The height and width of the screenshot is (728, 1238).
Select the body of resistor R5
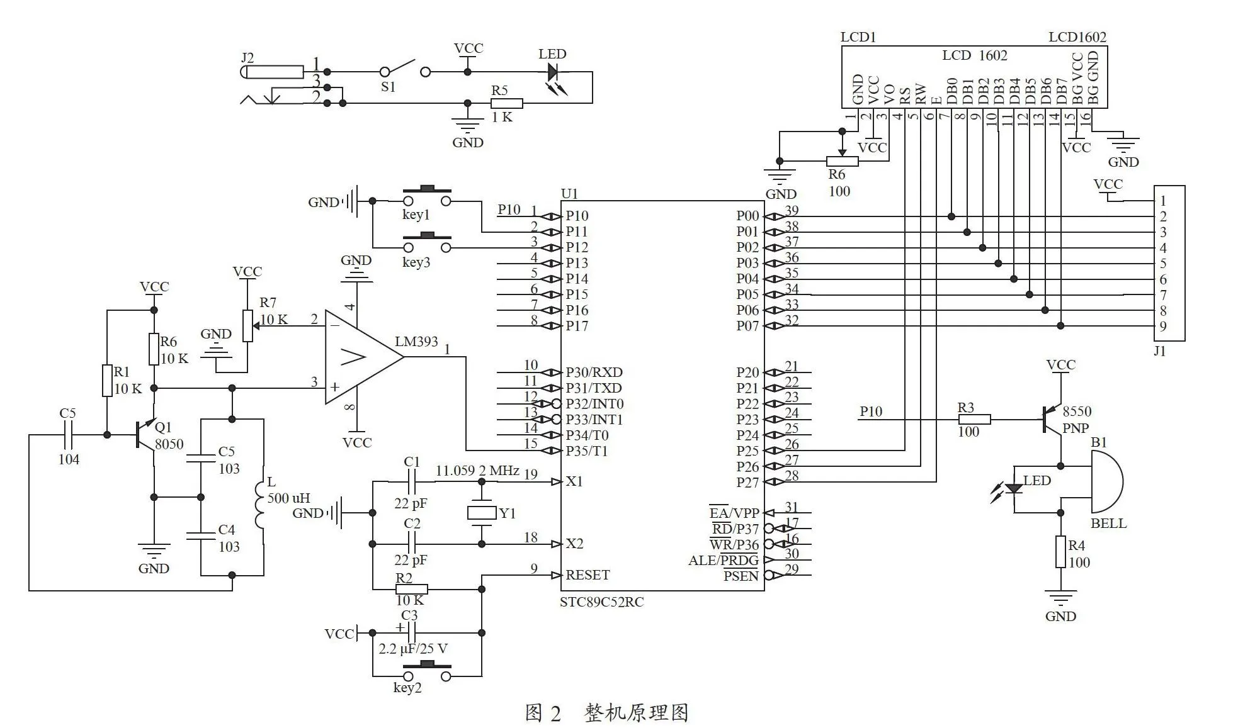507,104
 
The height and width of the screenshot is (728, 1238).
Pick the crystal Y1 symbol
482,513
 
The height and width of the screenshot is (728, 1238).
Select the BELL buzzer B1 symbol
1106,483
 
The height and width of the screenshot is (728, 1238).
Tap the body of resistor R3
975,419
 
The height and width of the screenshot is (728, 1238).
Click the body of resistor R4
1061,552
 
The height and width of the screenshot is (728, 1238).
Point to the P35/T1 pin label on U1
587,451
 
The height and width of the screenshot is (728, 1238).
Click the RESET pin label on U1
588,574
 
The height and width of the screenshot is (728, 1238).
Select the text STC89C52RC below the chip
601,602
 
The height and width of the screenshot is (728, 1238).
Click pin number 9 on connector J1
1163,326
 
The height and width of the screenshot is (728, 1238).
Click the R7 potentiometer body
247,326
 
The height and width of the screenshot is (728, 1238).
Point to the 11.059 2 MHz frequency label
477,470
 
